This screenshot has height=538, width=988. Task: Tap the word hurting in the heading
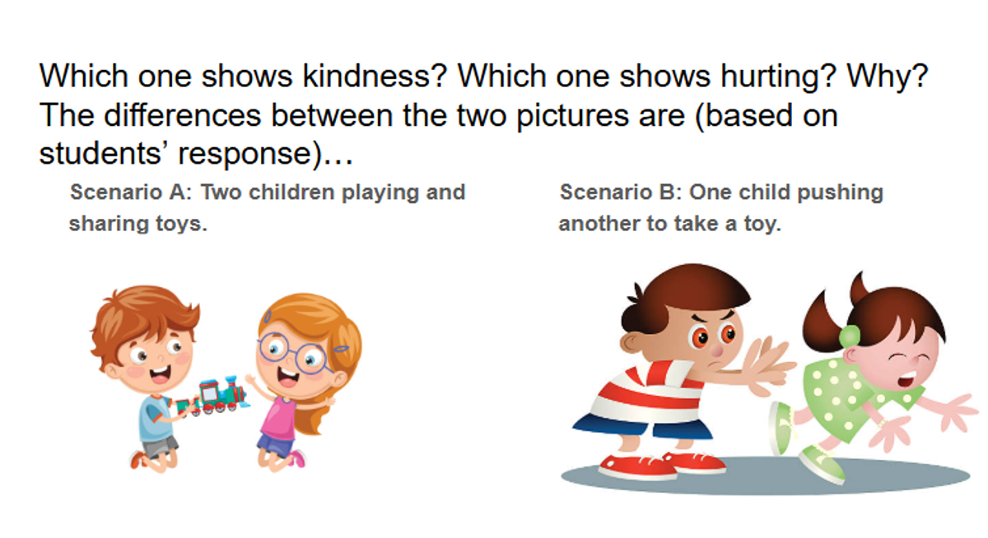click(779, 77)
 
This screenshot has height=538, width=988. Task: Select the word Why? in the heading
click(888, 77)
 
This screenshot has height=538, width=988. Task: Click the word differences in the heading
click(183, 115)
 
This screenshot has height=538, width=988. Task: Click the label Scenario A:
click(131, 192)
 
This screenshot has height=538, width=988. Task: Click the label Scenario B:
click(621, 192)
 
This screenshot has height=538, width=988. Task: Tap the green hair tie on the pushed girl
click(849, 336)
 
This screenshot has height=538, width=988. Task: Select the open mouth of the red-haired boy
click(160, 375)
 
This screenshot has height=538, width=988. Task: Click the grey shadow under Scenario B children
click(765, 475)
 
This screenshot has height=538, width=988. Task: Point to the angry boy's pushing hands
click(767, 366)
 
